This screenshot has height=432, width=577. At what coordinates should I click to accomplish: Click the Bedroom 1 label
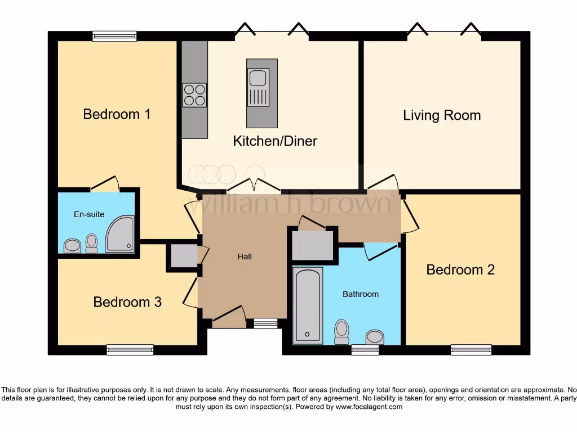[x=117, y=114]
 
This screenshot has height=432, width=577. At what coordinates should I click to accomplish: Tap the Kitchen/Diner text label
[x=275, y=141]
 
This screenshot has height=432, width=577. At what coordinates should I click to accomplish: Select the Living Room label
[x=442, y=115]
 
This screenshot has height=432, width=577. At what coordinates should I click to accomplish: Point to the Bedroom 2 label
[x=460, y=269]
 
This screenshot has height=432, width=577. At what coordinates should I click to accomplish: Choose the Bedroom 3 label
[x=127, y=302]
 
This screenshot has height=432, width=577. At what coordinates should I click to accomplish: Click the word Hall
[x=244, y=256]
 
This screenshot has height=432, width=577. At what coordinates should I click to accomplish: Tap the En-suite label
[x=89, y=214]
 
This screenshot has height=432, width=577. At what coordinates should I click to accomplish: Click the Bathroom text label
[x=361, y=294]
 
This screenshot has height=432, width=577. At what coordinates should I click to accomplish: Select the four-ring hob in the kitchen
[x=194, y=94]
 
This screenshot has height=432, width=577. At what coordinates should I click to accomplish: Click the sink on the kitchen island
[x=258, y=78]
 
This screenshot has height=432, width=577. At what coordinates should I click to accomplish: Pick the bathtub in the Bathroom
[x=308, y=305]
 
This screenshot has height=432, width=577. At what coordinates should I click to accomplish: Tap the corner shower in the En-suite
[x=121, y=233]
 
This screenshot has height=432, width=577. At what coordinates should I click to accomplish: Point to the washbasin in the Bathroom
[x=375, y=337]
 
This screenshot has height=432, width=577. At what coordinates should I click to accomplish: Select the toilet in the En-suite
[x=91, y=243]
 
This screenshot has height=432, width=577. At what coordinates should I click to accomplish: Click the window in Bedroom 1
[x=114, y=37]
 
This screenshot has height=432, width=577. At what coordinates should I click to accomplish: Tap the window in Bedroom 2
[x=471, y=350]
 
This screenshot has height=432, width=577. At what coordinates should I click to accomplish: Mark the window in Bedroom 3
[x=130, y=350]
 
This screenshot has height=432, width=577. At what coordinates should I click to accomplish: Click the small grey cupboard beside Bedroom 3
[x=181, y=256]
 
